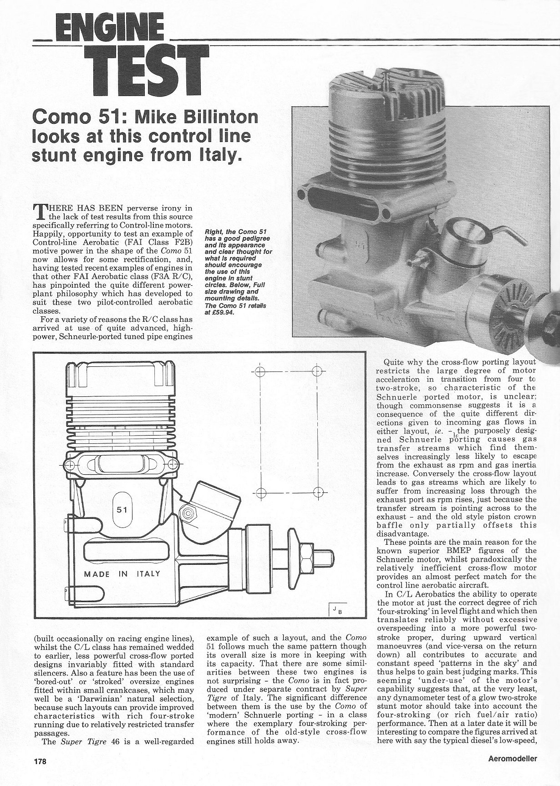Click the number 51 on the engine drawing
tap(122, 509)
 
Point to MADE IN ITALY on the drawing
tap(122, 574)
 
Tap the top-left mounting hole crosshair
tap(260, 371)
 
